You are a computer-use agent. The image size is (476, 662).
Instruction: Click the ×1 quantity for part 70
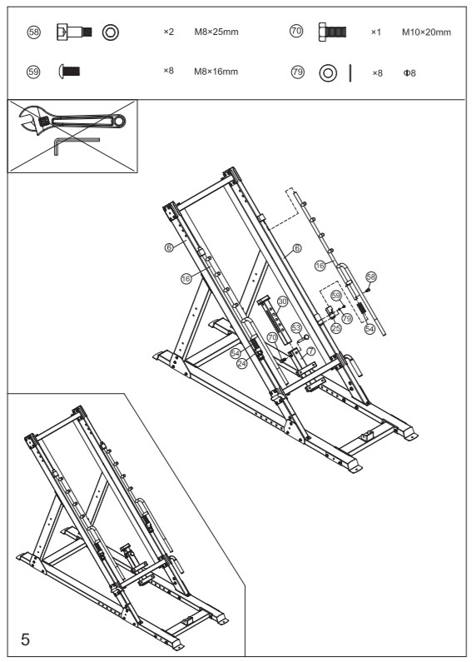tap(375, 32)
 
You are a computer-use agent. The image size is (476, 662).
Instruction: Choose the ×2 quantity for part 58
tap(169, 32)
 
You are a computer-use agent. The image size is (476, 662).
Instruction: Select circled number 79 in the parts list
tap(296, 71)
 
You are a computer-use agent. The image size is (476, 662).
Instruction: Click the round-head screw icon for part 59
tap(69, 71)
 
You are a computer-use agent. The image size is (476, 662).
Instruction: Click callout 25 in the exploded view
tap(336, 329)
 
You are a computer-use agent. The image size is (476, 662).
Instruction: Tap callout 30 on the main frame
tap(282, 301)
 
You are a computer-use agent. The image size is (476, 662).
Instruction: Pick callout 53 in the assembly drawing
tap(295, 327)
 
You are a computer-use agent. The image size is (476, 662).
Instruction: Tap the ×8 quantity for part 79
tap(375, 71)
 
